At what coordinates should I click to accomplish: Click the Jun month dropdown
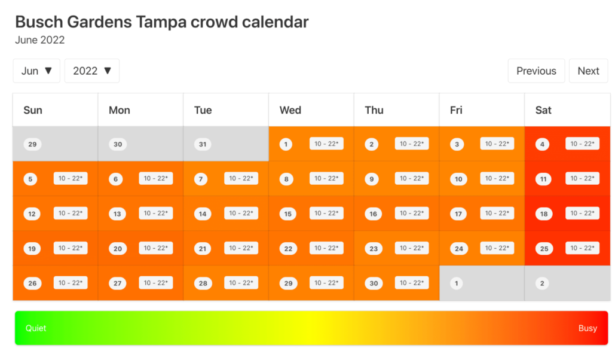[36, 71]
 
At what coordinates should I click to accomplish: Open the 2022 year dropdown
[92, 71]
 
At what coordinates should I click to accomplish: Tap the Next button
[588, 71]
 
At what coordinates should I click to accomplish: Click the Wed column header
[290, 110]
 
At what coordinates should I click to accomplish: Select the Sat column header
[543, 110]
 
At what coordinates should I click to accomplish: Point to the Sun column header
[33, 110]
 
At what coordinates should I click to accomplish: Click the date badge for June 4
[542, 144]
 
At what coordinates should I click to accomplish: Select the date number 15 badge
[288, 213]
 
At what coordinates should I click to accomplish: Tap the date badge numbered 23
[374, 248]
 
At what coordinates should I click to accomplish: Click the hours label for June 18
[582, 213]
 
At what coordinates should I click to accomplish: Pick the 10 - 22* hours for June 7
[241, 178]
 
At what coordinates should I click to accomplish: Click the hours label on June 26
[71, 282]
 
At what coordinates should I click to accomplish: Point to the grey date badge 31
[203, 144]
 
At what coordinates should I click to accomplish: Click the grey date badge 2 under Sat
[542, 283]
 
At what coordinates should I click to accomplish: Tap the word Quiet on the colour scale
[36, 328]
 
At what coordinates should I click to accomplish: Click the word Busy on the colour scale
[587, 328]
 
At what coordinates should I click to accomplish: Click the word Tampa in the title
[161, 22]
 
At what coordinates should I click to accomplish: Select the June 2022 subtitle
[40, 40]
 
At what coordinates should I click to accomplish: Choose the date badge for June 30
[374, 283]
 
